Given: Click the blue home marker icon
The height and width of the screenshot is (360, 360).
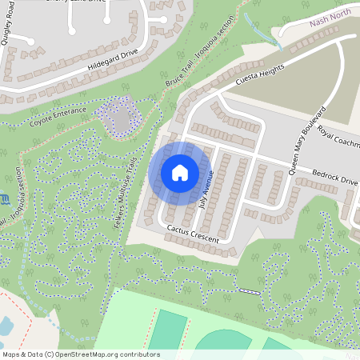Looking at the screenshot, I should tap(179, 173).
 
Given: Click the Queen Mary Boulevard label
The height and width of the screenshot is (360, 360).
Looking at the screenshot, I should tap(307, 139).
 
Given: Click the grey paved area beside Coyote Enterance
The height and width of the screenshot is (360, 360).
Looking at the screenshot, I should tap(120, 121).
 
